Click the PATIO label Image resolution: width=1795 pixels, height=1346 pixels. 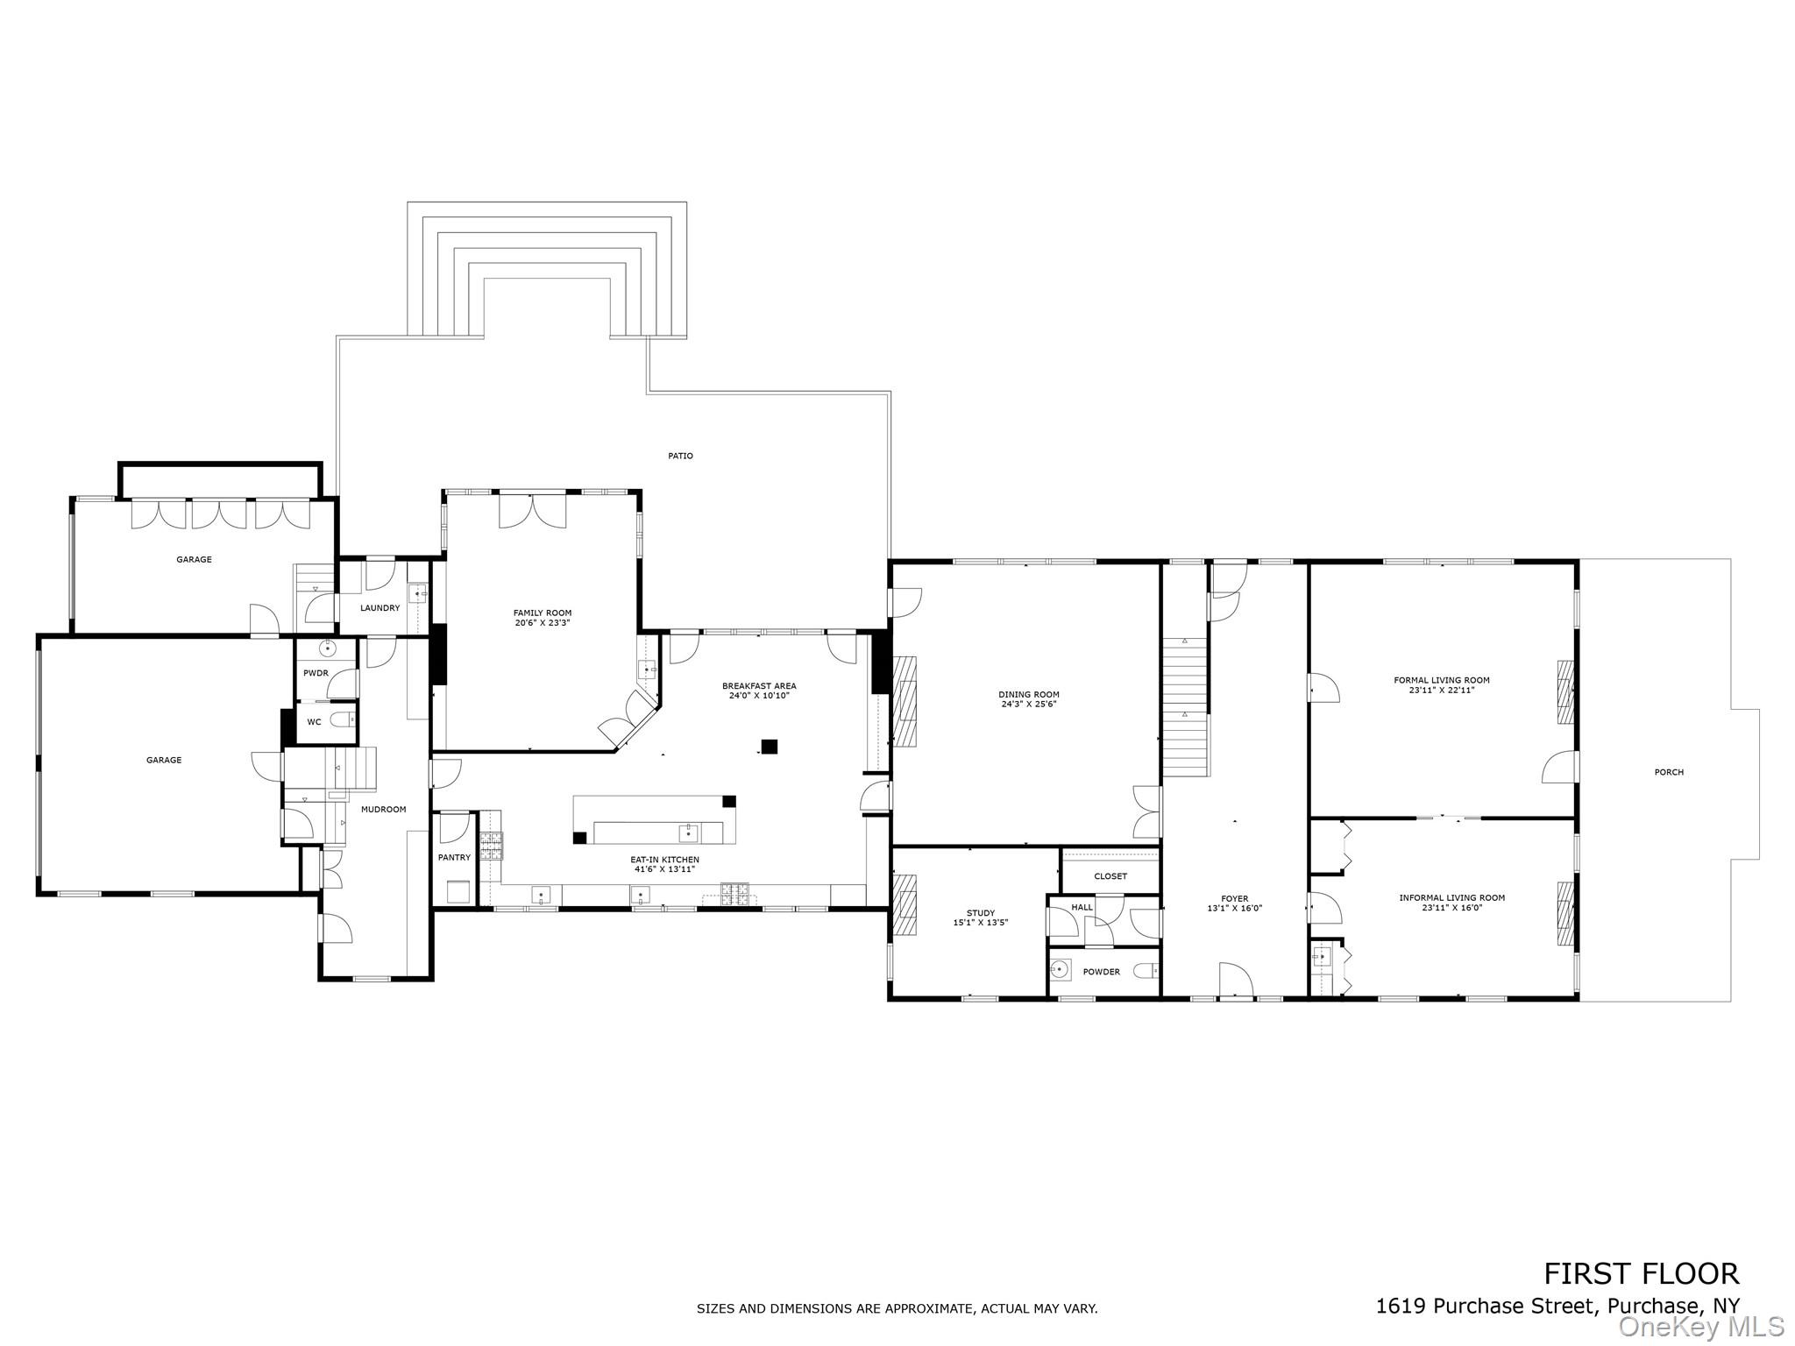pos(680,456)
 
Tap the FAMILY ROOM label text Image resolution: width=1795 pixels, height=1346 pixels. pos(542,613)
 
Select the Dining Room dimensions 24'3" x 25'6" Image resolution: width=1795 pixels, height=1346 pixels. pos(1029,704)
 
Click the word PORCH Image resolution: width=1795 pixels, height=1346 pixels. pos(1668,772)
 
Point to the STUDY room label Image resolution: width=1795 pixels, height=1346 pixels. pos(980,913)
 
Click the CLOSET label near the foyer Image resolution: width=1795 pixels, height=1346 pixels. pos(1110,876)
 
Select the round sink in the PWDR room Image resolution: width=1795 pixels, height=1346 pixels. pos(327,649)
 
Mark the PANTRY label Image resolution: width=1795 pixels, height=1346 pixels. pos(454,857)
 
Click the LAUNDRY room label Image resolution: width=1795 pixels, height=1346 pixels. pos(380,608)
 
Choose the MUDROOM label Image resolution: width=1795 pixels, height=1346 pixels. pos(383,809)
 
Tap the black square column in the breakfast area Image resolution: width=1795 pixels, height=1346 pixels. pos(769,747)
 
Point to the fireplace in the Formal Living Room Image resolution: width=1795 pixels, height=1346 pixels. pos(1564,691)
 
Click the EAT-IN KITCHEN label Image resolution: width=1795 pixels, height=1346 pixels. pos(665,860)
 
